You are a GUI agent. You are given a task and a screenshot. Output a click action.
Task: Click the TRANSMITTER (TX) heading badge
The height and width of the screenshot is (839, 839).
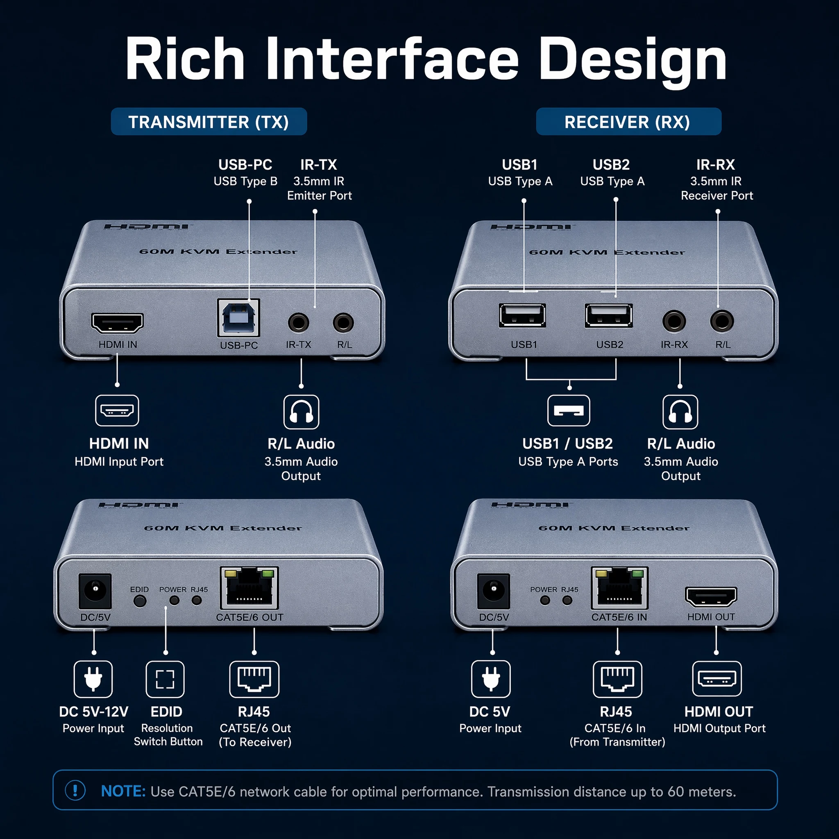click(x=209, y=122)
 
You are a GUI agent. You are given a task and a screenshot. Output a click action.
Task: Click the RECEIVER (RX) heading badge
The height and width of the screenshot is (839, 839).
click(x=628, y=122)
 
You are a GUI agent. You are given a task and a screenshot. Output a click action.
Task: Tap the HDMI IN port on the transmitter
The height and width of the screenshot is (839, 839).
click(x=117, y=323)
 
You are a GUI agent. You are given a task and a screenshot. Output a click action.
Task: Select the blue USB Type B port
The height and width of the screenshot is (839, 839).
click(x=238, y=318)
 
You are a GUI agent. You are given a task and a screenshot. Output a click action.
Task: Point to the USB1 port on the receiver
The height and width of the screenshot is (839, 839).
click(x=522, y=315)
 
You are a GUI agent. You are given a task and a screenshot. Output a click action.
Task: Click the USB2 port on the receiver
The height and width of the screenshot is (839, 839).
click(x=608, y=315)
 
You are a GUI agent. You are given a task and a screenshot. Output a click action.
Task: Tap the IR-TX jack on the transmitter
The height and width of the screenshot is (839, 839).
click(x=298, y=323)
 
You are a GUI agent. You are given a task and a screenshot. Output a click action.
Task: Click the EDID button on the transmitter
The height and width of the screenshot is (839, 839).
click(x=139, y=601)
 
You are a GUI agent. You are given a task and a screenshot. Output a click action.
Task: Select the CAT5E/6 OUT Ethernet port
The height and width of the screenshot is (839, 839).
click(x=249, y=588)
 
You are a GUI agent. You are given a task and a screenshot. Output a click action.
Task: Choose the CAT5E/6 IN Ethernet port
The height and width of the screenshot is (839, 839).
click(x=619, y=588)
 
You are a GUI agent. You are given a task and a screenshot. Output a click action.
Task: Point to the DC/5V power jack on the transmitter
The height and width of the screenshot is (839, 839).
click(x=95, y=591)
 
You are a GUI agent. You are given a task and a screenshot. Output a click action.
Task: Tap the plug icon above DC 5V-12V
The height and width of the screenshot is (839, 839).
click(x=93, y=679)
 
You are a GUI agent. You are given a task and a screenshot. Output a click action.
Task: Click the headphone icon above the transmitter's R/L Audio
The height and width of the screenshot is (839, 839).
click(x=302, y=412)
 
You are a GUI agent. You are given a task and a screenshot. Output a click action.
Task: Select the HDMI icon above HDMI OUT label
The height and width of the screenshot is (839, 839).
click(x=717, y=679)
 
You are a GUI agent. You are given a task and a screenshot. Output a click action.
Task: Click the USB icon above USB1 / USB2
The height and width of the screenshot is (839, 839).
click(x=569, y=410)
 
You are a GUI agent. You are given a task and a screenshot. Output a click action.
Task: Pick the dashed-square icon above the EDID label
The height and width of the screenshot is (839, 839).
click(x=165, y=679)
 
